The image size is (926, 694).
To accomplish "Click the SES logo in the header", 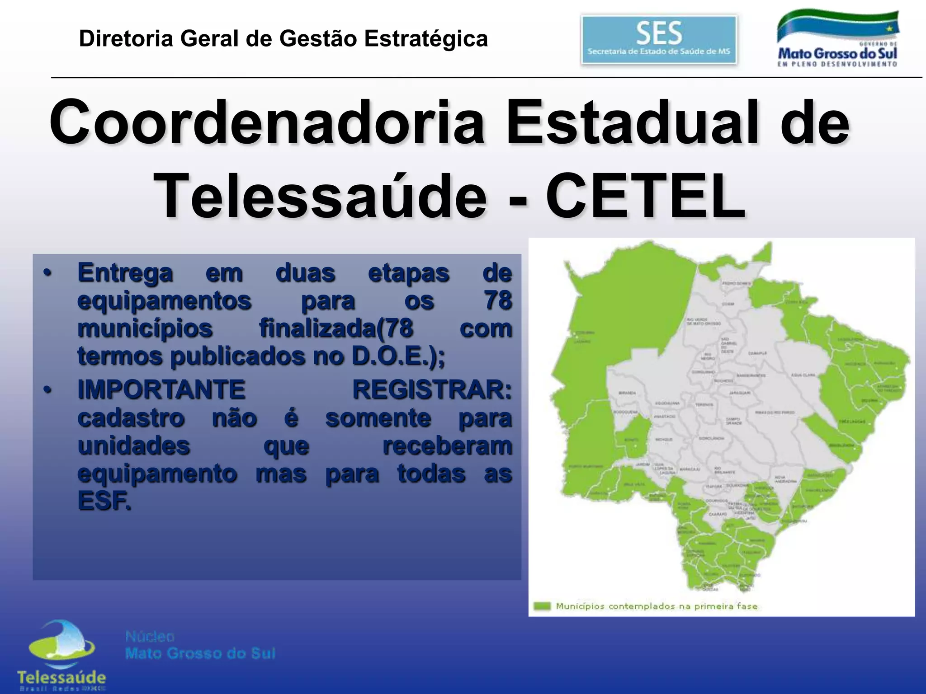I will point(658,40).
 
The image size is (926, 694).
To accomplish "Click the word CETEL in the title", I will point(646,196).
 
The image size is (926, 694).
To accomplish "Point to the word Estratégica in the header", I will point(426,38).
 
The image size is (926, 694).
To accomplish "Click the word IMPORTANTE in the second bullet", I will point(161,389).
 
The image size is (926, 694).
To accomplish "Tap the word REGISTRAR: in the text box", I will point(432,389).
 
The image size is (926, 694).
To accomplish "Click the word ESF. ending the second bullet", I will point(104,501).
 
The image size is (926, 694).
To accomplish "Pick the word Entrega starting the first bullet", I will point(125,273).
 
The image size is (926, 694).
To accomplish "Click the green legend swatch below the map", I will point(542,606).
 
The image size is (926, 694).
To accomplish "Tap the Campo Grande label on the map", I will point(733,421).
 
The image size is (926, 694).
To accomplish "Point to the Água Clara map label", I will point(803,375).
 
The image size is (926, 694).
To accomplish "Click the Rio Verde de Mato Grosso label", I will point(704,321).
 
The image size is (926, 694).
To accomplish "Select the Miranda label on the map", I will point(627,393).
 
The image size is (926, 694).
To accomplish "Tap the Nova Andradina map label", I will point(786,479).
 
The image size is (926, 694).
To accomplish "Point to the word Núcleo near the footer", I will point(150,637).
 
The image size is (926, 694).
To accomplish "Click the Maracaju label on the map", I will point(690,469).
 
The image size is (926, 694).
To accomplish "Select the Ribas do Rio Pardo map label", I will point(775,413).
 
